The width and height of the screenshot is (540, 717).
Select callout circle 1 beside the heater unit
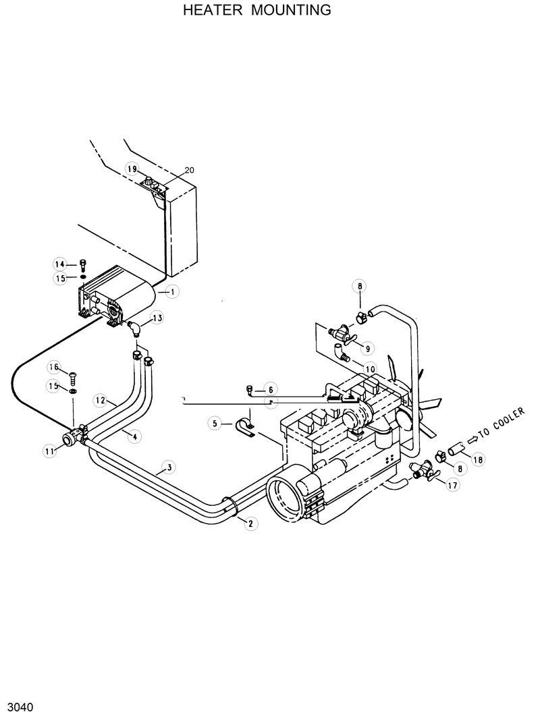(173, 292)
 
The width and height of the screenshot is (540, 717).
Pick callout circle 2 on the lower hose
(250, 523)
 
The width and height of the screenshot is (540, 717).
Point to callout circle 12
(99, 401)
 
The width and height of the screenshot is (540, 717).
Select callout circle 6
(269, 389)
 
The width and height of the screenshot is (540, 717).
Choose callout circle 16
(53, 367)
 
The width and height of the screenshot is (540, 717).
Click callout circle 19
(132, 169)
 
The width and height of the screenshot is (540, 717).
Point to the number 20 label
(189, 170)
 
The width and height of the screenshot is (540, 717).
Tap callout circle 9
(367, 348)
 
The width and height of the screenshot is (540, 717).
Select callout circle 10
(369, 368)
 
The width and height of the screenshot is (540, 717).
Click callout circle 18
(478, 460)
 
